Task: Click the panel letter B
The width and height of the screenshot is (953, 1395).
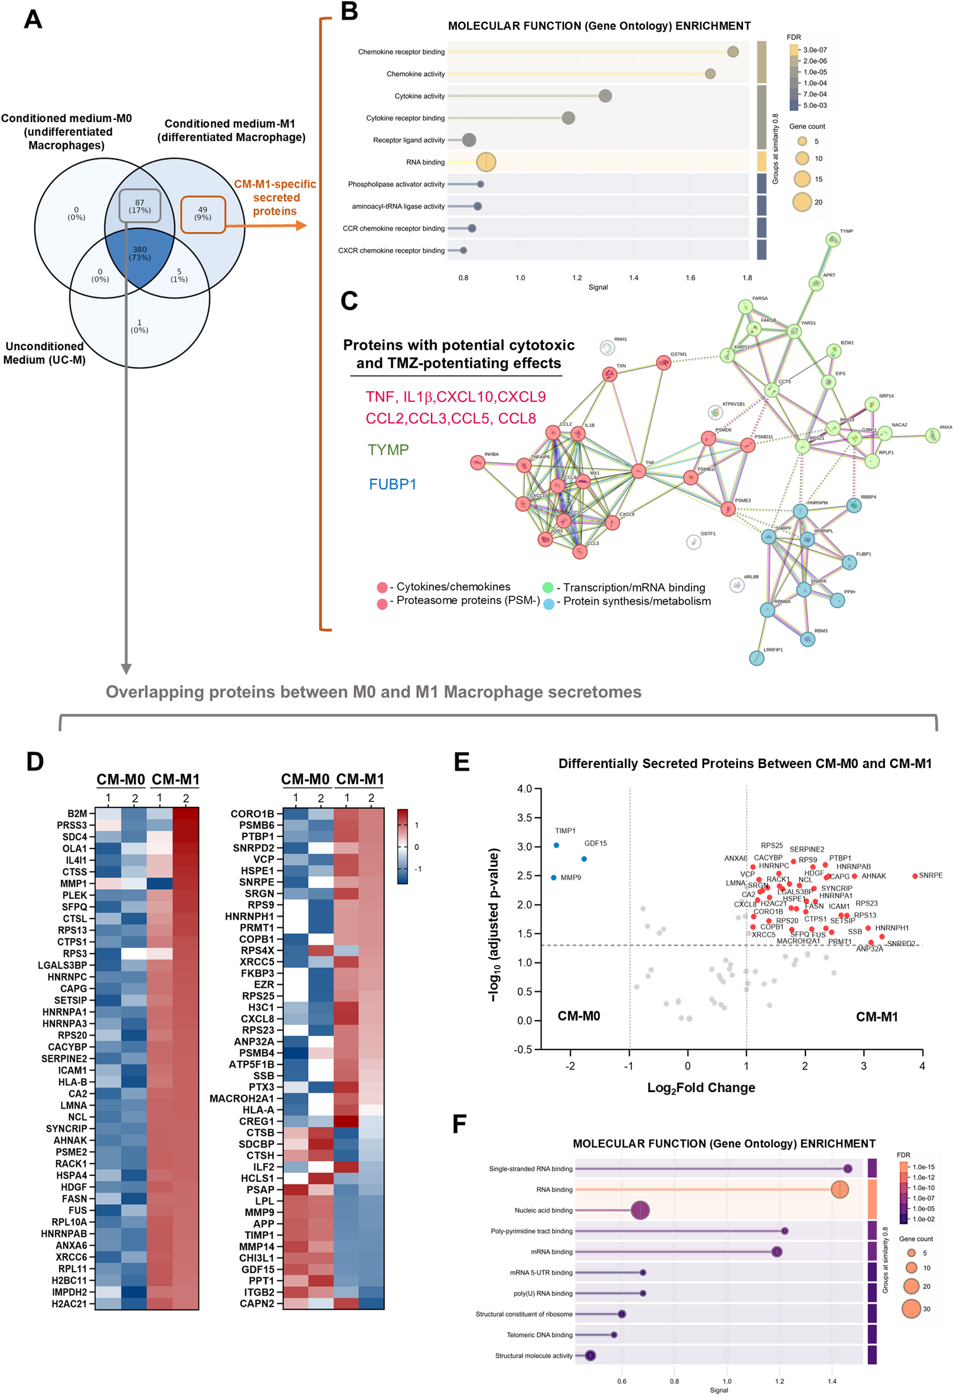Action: click(x=349, y=11)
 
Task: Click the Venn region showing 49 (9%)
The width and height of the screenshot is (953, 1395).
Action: click(x=203, y=214)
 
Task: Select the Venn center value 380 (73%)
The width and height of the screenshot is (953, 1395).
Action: click(x=140, y=253)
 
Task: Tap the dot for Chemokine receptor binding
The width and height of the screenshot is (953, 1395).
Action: click(x=733, y=51)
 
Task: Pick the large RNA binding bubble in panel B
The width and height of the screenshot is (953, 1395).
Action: click(x=486, y=162)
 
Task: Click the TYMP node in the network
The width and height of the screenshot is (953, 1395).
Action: click(x=833, y=240)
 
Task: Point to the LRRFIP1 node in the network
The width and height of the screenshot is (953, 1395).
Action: click(x=756, y=658)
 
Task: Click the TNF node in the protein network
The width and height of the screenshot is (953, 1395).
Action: click(x=638, y=471)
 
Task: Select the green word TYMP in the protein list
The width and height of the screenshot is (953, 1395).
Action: click(x=388, y=450)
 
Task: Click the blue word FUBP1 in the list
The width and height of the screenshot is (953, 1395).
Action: click(x=392, y=485)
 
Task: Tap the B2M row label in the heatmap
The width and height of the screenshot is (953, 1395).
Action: click(x=77, y=814)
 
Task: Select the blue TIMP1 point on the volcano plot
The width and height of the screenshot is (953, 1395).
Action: click(x=556, y=845)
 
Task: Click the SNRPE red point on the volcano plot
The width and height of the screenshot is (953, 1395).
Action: click(x=915, y=875)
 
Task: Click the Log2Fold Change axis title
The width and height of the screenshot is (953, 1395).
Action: click(x=701, y=1087)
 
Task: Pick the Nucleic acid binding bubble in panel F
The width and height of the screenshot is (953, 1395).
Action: click(x=640, y=1210)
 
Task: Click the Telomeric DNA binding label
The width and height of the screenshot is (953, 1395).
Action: click(x=538, y=1335)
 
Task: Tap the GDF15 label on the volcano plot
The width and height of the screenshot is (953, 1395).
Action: click(x=595, y=844)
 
